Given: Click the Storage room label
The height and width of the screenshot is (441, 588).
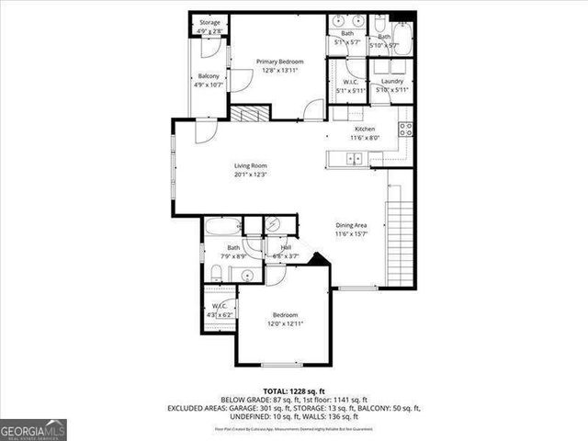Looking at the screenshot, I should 209,23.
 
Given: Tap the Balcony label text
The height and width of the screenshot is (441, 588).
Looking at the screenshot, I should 209,76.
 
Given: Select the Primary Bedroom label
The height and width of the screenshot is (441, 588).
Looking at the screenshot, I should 279,62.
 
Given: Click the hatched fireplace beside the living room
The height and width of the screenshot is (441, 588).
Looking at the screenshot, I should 247,114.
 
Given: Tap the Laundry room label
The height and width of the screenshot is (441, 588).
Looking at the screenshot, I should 391,81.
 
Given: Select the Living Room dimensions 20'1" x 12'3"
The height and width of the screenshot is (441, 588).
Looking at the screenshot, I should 249,174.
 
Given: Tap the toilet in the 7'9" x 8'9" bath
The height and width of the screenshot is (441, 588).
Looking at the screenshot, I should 215,271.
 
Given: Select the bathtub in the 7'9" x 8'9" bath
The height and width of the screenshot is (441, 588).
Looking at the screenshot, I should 222,227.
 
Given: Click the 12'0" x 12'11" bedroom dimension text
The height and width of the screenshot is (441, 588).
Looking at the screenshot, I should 285,323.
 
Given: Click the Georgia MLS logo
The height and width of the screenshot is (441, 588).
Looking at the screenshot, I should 33,430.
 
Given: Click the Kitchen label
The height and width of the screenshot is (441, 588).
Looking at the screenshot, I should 365,130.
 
